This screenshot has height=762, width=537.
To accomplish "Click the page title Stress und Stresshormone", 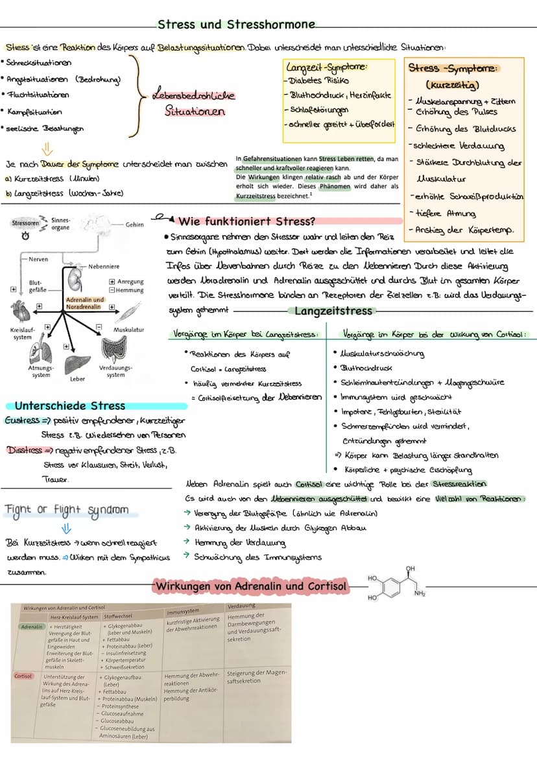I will [236, 25].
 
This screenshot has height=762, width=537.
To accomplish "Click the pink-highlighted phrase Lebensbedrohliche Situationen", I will [193, 103].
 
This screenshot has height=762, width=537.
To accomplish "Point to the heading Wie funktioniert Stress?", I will [246, 220].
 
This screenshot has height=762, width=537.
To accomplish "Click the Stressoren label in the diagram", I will [25, 223].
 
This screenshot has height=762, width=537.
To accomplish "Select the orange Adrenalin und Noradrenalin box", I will [85, 304].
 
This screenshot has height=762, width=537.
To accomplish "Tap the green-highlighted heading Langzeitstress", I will [333, 311].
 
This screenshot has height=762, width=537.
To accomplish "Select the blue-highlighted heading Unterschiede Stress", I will [70, 406].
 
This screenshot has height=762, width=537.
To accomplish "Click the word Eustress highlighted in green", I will [21, 420].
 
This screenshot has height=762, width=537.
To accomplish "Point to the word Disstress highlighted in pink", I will [24, 449].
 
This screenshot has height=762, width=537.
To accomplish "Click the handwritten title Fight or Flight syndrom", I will [67, 510].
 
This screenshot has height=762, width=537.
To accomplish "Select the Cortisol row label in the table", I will [23, 676].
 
